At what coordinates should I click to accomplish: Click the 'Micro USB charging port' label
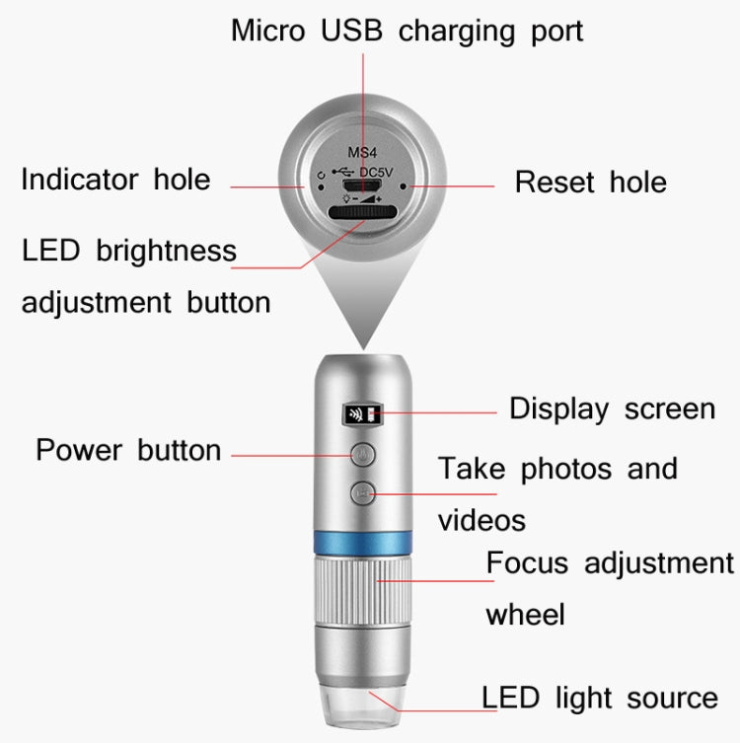pos(407,31)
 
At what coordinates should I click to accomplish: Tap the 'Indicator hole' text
pos(115,180)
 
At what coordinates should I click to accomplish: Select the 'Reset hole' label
pos(590,182)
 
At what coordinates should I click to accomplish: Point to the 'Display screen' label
pos(612,409)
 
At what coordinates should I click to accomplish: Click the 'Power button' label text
pos(128,450)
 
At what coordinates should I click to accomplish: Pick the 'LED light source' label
pos(599,698)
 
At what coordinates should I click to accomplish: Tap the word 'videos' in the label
pos(481,520)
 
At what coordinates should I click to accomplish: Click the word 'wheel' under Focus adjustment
pos(525,614)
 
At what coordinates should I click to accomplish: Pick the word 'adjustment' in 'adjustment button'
pos(98,301)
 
